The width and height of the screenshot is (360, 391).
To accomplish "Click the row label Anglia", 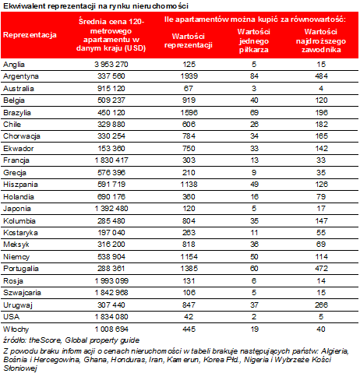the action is (x=14, y=65).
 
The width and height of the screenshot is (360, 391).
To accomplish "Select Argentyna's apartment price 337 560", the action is (x=111, y=76).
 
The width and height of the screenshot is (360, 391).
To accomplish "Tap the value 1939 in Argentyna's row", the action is (x=189, y=76).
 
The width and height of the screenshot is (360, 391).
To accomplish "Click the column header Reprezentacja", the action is (x=30, y=35).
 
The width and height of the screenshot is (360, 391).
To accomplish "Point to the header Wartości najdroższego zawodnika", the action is (x=321, y=41).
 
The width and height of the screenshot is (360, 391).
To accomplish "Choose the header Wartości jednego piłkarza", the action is (x=254, y=41).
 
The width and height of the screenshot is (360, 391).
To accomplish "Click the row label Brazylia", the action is (x=17, y=113).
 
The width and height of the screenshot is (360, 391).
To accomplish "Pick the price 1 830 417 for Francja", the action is (x=111, y=160).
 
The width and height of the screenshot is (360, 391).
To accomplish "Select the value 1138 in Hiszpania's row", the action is (x=189, y=185).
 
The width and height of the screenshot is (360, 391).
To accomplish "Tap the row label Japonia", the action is (x=17, y=209).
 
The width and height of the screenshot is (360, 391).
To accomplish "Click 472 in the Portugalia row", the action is (x=322, y=269).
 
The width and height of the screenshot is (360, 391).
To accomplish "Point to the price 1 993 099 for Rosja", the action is (x=111, y=281).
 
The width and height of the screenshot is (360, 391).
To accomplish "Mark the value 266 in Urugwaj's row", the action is (x=322, y=305).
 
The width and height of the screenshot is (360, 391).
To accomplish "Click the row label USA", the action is (x=12, y=317).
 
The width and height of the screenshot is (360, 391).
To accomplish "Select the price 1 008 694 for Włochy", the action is (x=111, y=329).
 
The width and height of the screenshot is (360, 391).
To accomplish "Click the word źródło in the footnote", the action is (x=15, y=340).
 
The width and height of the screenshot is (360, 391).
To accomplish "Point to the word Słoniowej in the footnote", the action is (x=20, y=368).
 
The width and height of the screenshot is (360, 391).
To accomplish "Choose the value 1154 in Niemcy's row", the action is (x=189, y=257).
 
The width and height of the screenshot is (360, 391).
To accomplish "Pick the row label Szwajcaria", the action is (x=22, y=293).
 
